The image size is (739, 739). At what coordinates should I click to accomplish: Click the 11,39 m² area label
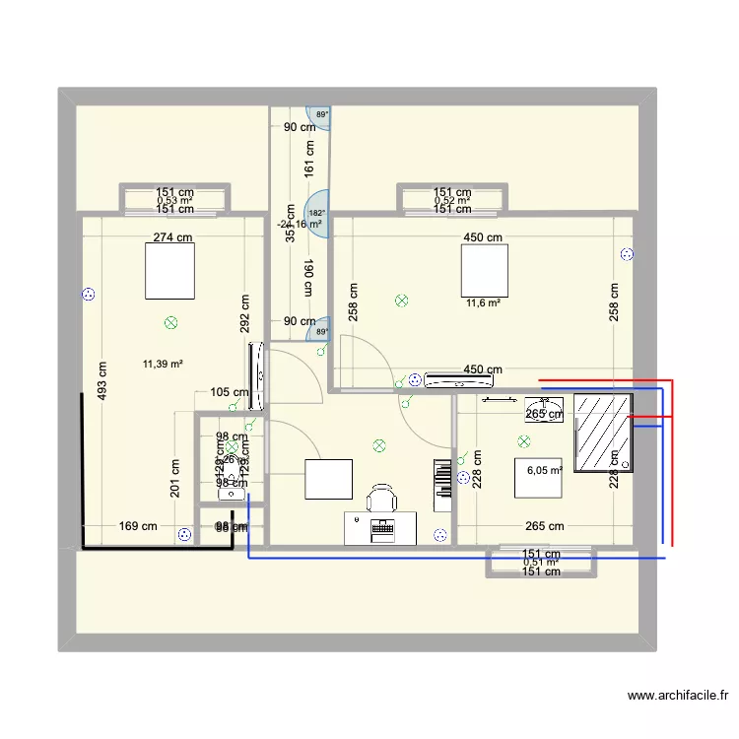click(164, 364)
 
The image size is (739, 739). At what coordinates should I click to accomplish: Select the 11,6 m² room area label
click(483, 302)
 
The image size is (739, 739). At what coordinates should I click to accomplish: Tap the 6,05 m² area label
click(544, 470)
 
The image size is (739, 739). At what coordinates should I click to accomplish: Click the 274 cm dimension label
click(173, 236)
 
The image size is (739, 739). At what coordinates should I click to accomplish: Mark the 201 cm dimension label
click(174, 480)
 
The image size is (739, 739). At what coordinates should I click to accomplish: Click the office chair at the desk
click(381, 499)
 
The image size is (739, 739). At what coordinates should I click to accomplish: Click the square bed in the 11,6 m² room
click(484, 270)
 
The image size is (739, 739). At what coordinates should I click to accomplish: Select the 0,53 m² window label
click(174, 201)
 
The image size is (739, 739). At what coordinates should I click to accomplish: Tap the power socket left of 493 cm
click(89, 294)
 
